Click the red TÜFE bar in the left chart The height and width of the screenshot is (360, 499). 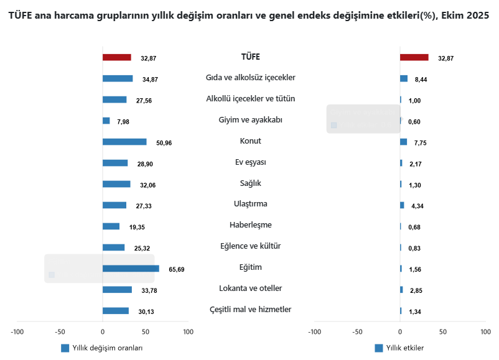pyautogui.click(x=116, y=57)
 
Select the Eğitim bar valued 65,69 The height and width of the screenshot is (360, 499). pyautogui.click(x=131, y=269)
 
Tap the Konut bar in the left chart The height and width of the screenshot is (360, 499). pyautogui.click(x=124, y=142)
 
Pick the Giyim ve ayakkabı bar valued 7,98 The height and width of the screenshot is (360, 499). pyautogui.click(x=106, y=121)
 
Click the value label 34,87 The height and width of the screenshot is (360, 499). pyautogui.click(x=150, y=80)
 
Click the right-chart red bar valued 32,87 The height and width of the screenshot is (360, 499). pyautogui.click(x=414, y=57)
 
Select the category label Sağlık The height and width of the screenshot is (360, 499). pyautogui.click(x=251, y=183)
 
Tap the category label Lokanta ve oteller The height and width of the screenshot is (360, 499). pyautogui.click(x=251, y=288)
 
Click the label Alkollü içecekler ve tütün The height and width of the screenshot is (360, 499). pyautogui.click(x=251, y=99)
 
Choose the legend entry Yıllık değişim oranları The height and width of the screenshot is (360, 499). pyautogui.click(x=103, y=348)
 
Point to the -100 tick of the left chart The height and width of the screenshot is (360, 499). pyautogui.click(x=17, y=332)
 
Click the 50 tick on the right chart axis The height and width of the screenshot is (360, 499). pyautogui.click(x=443, y=332)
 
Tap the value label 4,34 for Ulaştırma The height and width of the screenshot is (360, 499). pyautogui.click(x=417, y=206)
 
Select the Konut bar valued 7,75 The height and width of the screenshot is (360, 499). pyautogui.click(x=403, y=142)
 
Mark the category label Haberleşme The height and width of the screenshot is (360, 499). pyautogui.click(x=251, y=225)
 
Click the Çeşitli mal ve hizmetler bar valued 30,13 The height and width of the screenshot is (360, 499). pyautogui.click(x=115, y=311)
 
